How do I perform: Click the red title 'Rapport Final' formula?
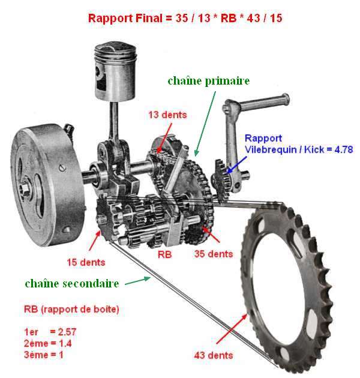[185, 19]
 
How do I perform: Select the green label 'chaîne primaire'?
[209, 81]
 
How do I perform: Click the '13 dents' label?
[167, 115]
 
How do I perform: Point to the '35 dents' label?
[214, 254]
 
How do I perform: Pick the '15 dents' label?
[86, 262]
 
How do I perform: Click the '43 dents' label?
[214, 355]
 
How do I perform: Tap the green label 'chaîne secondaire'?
[72, 284]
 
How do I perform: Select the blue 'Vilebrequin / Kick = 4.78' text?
[299, 150]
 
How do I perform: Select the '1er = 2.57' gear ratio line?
[50, 332]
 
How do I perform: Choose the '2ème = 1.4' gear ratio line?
[48, 343]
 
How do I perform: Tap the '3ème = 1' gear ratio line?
[44, 355]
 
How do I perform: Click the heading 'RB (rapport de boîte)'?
[71, 309]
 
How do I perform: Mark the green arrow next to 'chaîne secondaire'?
[137, 281]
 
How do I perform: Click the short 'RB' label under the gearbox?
[164, 254]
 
